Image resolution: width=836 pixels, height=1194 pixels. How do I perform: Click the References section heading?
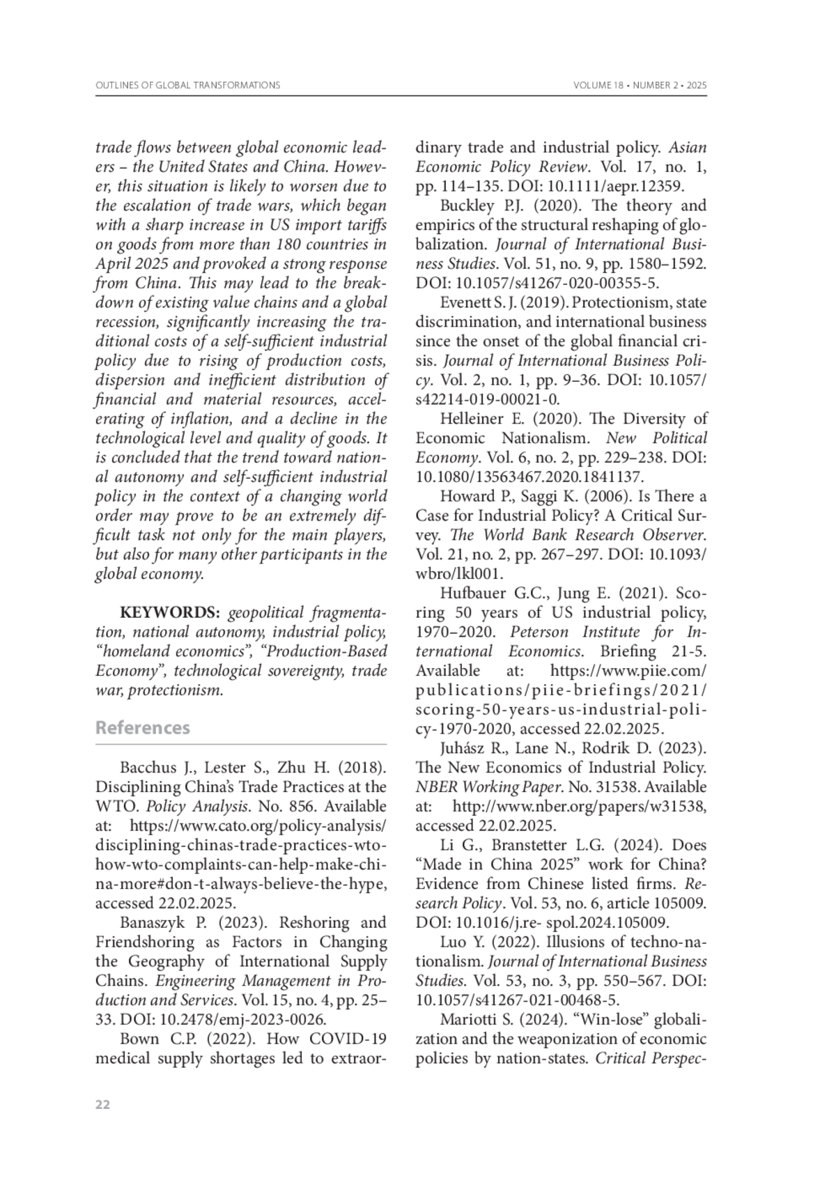tap(142, 728)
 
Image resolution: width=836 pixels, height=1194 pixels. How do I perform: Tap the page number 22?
tap(102, 1105)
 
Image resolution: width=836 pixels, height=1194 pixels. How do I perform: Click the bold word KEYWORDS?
tap(170, 613)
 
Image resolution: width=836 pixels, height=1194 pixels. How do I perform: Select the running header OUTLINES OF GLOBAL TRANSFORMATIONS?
tap(187, 85)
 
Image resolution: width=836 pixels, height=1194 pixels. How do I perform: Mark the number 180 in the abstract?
tap(293, 245)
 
